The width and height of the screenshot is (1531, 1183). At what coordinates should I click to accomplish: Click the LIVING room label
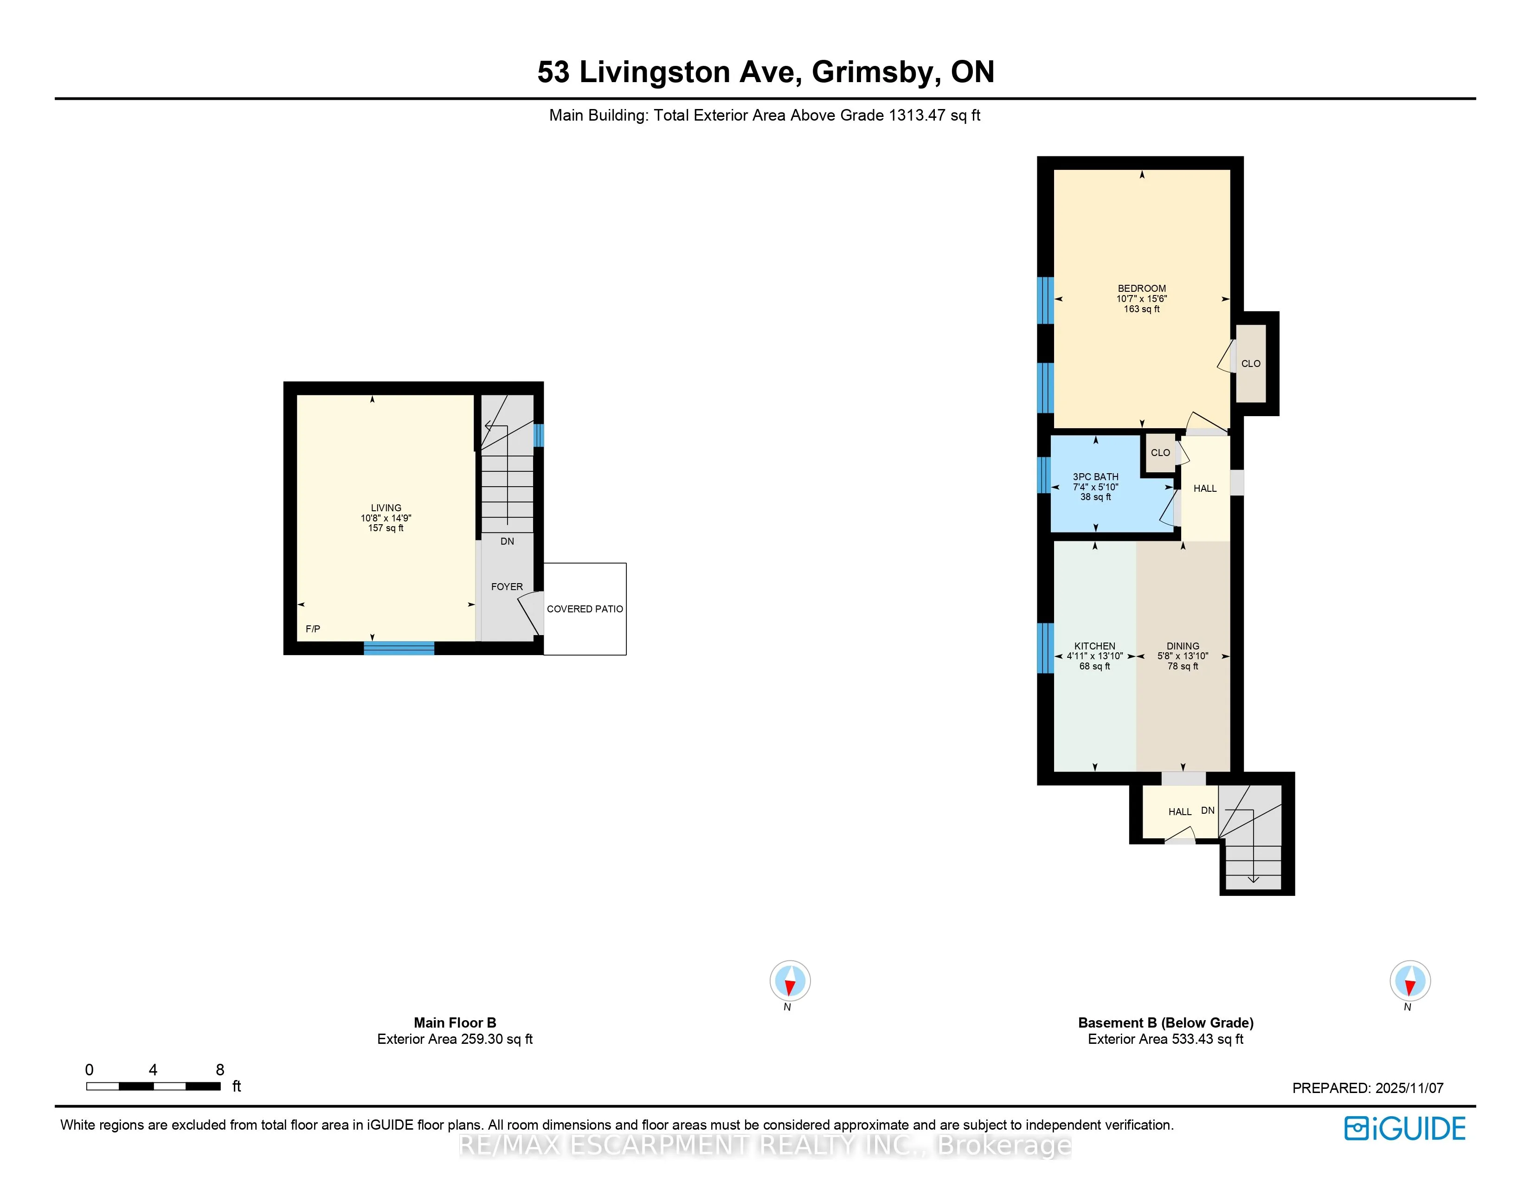point(386,508)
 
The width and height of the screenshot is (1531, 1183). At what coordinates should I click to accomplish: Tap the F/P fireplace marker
point(313,629)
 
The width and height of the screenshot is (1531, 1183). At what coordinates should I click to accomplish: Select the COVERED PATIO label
point(585,609)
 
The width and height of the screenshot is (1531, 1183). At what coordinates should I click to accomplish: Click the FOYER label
point(507,586)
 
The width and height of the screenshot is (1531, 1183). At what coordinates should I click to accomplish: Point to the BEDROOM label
point(1141,288)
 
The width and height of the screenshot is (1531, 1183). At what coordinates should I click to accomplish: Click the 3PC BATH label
point(1095,476)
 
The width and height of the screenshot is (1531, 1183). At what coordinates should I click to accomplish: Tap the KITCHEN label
point(1094,646)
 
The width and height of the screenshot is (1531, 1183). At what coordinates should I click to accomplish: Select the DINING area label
point(1183,646)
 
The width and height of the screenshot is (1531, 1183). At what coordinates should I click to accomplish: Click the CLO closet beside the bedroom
point(1251,364)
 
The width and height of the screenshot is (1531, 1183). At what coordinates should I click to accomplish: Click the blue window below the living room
point(399,648)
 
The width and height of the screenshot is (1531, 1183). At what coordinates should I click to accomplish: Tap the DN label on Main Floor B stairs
point(507,541)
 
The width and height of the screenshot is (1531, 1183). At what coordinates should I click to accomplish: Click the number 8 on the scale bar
point(220,1069)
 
